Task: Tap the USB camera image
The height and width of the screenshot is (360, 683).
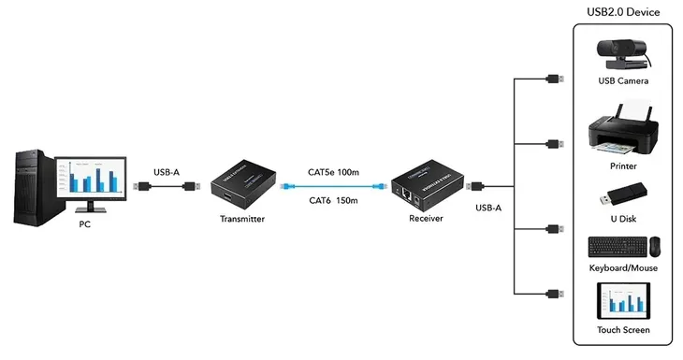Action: pyautogui.click(x=622, y=54)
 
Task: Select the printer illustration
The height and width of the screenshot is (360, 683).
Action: pyautogui.click(x=622, y=137)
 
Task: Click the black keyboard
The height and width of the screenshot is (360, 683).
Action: pyautogui.click(x=615, y=248)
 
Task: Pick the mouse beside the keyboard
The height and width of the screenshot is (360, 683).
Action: pyautogui.click(x=654, y=247)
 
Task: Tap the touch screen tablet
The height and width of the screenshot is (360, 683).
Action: pyautogui.click(x=622, y=301)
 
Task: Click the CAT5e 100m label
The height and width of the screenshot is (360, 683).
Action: pyautogui.click(x=334, y=173)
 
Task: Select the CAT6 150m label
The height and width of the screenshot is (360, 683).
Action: pyautogui.click(x=334, y=200)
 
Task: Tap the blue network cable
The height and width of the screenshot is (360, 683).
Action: pyautogui.click(x=334, y=187)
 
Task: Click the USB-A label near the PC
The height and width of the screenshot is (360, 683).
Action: pyautogui.click(x=167, y=172)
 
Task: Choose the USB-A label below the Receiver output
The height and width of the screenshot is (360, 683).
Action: pyautogui.click(x=489, y=208)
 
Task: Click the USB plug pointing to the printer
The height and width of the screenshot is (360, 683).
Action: pyautogui.click(x=554, y=144)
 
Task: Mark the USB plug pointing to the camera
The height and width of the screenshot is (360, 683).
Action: pyautogui.click(x=554, y=78)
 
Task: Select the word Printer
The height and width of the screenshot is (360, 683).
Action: pyautogui.click(x=622, y=166)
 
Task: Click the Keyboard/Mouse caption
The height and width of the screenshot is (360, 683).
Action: pyautogui.click(x=622, y=268)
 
